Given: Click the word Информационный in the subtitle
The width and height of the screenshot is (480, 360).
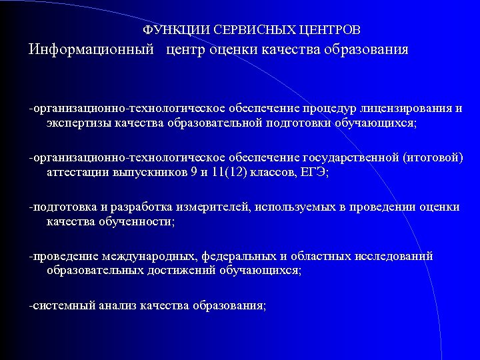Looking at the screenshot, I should [91, 51].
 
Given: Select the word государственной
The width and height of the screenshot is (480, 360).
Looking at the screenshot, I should [350, 157].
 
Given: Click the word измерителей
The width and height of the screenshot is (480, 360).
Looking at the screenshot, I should [213, 207].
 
